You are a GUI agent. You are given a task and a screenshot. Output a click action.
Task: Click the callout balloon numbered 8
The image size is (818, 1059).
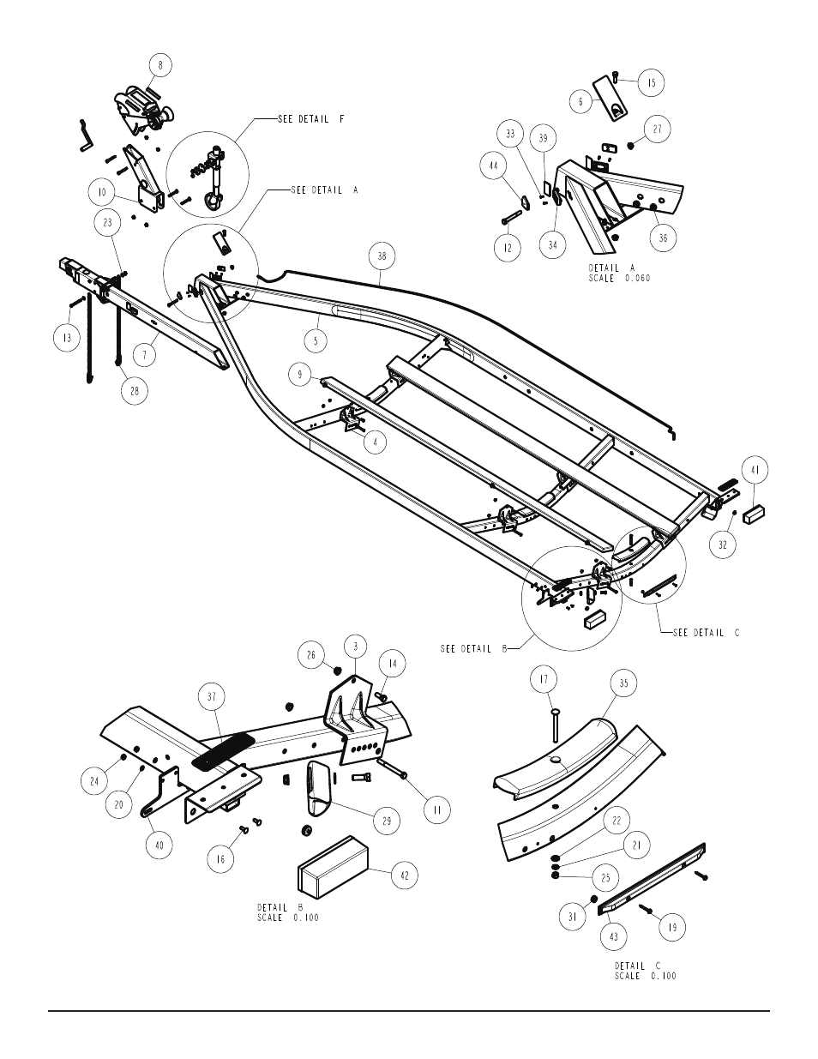point(160,65)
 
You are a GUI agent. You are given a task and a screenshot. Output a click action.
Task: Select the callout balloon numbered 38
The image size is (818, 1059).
point(382,256)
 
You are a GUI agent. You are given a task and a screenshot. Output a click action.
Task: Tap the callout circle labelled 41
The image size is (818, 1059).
point(755,470)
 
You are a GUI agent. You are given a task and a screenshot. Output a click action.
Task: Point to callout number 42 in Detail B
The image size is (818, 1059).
point(405,875)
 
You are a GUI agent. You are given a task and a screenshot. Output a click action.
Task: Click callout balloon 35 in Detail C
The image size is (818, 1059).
point(624,683)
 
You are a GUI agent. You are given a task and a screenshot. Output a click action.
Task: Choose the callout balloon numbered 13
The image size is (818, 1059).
point(67,337)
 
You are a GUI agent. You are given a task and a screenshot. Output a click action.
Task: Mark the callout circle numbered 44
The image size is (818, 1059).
point(494,165)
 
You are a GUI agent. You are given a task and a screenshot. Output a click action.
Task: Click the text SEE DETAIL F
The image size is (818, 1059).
point(311,119)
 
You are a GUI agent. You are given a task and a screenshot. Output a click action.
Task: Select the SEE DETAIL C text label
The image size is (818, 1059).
point(706,633)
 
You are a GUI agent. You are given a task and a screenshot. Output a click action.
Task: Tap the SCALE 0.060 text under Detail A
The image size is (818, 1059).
point(619,279)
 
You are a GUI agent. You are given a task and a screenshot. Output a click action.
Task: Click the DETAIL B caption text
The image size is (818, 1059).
point(280,907)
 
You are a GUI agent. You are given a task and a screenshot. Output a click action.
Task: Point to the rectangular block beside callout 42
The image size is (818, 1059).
point(333,871)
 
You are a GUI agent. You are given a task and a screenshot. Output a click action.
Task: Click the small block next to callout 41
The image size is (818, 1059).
point(754,514)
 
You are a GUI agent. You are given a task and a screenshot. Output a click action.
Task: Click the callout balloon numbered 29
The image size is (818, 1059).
point(387,821)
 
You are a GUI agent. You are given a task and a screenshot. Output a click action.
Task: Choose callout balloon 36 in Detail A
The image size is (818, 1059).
point(663,238)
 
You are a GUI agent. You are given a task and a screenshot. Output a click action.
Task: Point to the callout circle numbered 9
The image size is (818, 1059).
point(300,374)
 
